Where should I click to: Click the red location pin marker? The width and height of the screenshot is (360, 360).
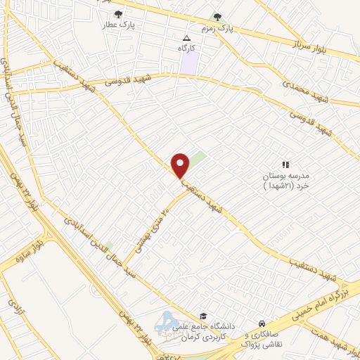181,165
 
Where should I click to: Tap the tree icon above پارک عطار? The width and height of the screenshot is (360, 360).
118,13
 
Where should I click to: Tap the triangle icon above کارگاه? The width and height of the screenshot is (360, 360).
186,39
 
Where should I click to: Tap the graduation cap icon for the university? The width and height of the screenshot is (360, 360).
203,316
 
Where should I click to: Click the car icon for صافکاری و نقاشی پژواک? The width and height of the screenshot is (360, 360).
262,316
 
